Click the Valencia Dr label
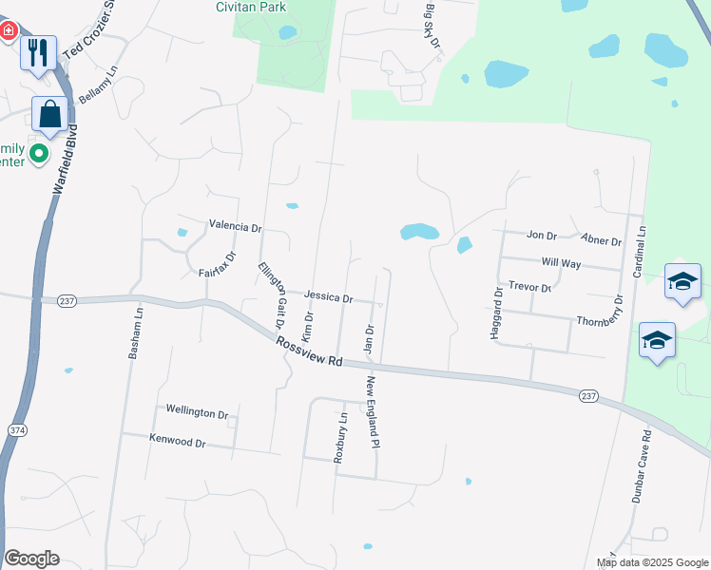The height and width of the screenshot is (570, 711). (x=235, y=227)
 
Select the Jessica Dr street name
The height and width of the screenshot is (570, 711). (x=329, y=297)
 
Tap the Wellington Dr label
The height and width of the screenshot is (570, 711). (x=197, y=412)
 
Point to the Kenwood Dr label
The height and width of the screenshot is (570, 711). (x=177, y=441)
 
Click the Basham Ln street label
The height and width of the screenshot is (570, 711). (x=134, y=332)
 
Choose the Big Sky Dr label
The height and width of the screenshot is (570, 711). (x=432, y=26)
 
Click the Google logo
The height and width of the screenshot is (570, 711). (x=31, y=559)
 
